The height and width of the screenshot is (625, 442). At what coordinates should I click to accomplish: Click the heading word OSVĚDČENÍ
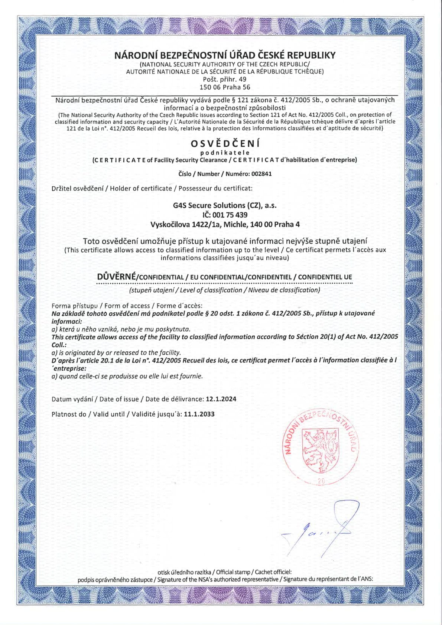pos(225,143)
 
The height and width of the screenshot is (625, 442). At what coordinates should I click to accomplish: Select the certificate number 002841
pos(261,174)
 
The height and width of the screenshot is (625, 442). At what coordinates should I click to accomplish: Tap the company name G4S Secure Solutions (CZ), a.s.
pos(225,205)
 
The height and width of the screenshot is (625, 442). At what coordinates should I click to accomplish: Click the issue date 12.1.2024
pos(221,399)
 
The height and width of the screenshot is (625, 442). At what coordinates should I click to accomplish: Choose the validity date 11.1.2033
pos(199,414)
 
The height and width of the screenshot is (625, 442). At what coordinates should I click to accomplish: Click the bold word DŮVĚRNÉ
pos(117,277)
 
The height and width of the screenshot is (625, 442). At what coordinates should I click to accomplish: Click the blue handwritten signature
pos(323,529)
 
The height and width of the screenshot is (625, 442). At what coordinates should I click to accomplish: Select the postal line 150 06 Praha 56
pos(225,87)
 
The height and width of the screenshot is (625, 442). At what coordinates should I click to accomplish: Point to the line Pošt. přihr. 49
pos(224,79)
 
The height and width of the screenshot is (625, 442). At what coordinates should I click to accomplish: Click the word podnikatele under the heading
pos(225,153)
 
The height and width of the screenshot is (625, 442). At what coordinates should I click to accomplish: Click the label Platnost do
pos(69,414)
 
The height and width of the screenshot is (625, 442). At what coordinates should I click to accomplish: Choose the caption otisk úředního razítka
pos(184,572)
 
